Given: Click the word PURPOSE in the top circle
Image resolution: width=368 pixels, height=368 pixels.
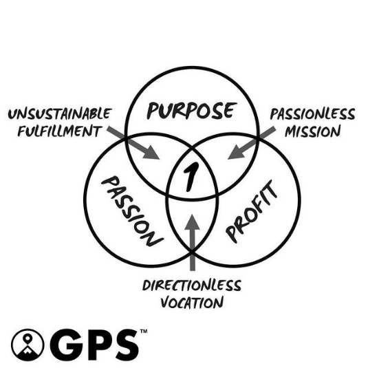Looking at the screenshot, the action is pos(191,111).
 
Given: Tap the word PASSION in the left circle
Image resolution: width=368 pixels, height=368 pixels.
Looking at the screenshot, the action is pos(132,211).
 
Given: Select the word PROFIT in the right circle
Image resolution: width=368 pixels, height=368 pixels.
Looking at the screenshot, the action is pos(252,211).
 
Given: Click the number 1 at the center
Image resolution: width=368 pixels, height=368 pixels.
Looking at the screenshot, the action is pos(191,177).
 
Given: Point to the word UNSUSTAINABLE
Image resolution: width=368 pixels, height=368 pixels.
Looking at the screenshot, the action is pos(60,113).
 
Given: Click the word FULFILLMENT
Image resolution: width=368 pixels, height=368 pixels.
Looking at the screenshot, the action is pos(60,131).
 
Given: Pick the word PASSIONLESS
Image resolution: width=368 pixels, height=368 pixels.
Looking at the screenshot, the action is pos(312,114).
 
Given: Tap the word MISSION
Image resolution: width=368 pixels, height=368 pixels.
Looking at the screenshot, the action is pos(313,131).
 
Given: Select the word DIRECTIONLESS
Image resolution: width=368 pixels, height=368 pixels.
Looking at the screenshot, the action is pos(192,285).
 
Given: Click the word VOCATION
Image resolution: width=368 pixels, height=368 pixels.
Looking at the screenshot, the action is pos(192,303).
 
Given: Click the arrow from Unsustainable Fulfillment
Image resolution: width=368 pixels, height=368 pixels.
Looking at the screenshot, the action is pos(133,143).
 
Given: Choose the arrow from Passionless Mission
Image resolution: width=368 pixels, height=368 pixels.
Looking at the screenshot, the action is pos(252,143).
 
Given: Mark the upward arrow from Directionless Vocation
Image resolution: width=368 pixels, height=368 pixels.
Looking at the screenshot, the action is pos(192,242).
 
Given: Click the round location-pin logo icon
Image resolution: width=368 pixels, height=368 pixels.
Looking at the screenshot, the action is pos(28,345).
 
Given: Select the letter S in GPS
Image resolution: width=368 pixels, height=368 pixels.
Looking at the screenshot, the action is pos(125,345).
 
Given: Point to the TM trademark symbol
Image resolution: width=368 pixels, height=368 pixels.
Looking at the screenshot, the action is pos(144,331).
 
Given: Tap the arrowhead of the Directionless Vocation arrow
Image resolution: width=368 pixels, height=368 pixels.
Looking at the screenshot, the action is pos(192,221).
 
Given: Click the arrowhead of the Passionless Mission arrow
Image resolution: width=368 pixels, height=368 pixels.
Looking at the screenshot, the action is pos(236,153).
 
